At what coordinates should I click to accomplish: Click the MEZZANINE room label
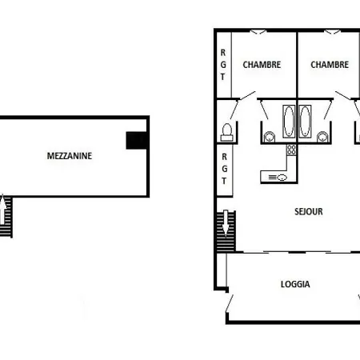coord(70,156)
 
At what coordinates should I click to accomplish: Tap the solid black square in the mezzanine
coord(136,140)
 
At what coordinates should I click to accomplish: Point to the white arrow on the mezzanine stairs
coord(2,210)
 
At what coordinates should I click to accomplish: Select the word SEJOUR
coord(309,212)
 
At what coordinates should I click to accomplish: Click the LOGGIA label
coord(295,284)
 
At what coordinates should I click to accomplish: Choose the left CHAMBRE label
coord(262,65)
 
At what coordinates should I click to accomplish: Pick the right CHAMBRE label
coord(330,65)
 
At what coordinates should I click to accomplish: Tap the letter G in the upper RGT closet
coord(223,65)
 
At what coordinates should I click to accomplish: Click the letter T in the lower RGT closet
coord(224,181)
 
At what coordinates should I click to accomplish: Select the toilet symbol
coord(227,132)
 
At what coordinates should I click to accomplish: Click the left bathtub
coord(289,122)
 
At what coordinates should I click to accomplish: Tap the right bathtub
coord(305,122)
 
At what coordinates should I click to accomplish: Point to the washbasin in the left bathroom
coord(269,137)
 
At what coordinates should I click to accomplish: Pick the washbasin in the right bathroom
coord(322,137)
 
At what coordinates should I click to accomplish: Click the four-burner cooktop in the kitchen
coord(291,150)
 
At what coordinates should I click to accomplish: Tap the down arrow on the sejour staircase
coord(226,223)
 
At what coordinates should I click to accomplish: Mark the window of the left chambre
coord(258,32)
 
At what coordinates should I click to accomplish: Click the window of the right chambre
coord(332,32)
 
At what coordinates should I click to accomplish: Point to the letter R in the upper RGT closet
coord(223,53)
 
